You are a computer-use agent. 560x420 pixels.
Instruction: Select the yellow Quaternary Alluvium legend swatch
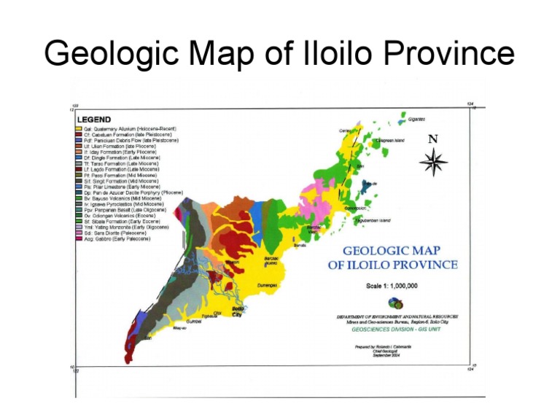[78, 128]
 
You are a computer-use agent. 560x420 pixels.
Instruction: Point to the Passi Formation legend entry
[116, 175]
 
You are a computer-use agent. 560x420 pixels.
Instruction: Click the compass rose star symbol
[434, 161]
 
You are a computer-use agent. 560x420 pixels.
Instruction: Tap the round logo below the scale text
[396, 303]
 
